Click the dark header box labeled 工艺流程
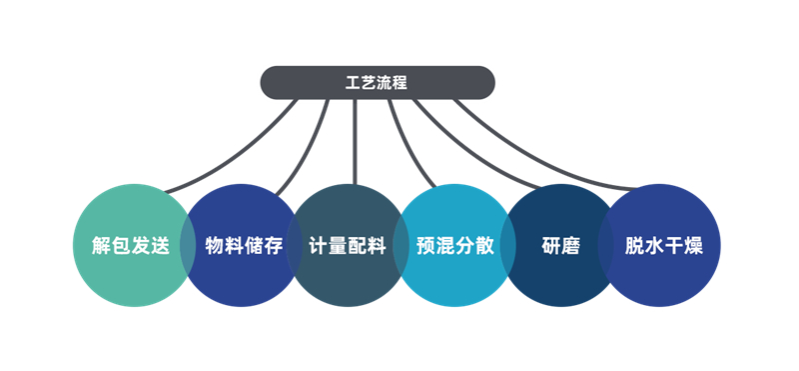tap(377, 82)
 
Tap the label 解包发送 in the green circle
tap(130, 246)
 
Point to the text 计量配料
tap(348, 246)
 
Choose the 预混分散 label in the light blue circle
tap(455, 246)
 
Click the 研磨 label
tap(561, 246)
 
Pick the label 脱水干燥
tap(664, 246)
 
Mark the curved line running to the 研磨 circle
tap(479, 150)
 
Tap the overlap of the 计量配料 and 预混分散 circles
tap(400, 246)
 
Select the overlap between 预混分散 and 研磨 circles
tap(507, 246)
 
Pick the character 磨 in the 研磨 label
tap(570, 246)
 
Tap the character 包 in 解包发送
tap(120, 246)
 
